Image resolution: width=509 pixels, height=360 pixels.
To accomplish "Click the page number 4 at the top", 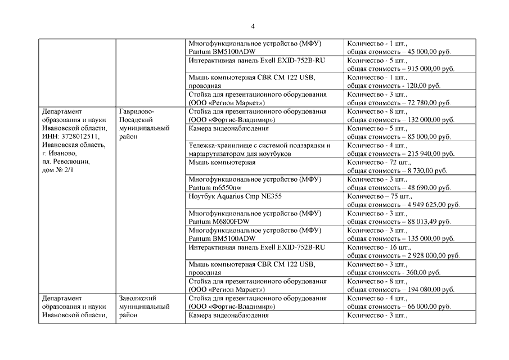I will (253, 26).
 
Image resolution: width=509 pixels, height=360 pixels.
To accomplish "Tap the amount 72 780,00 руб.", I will (427, 103).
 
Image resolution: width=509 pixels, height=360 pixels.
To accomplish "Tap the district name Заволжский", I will (137, 298).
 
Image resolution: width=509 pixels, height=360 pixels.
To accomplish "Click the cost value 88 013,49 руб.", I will (427, 222).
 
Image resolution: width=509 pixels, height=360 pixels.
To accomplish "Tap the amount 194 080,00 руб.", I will (430, 289).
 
